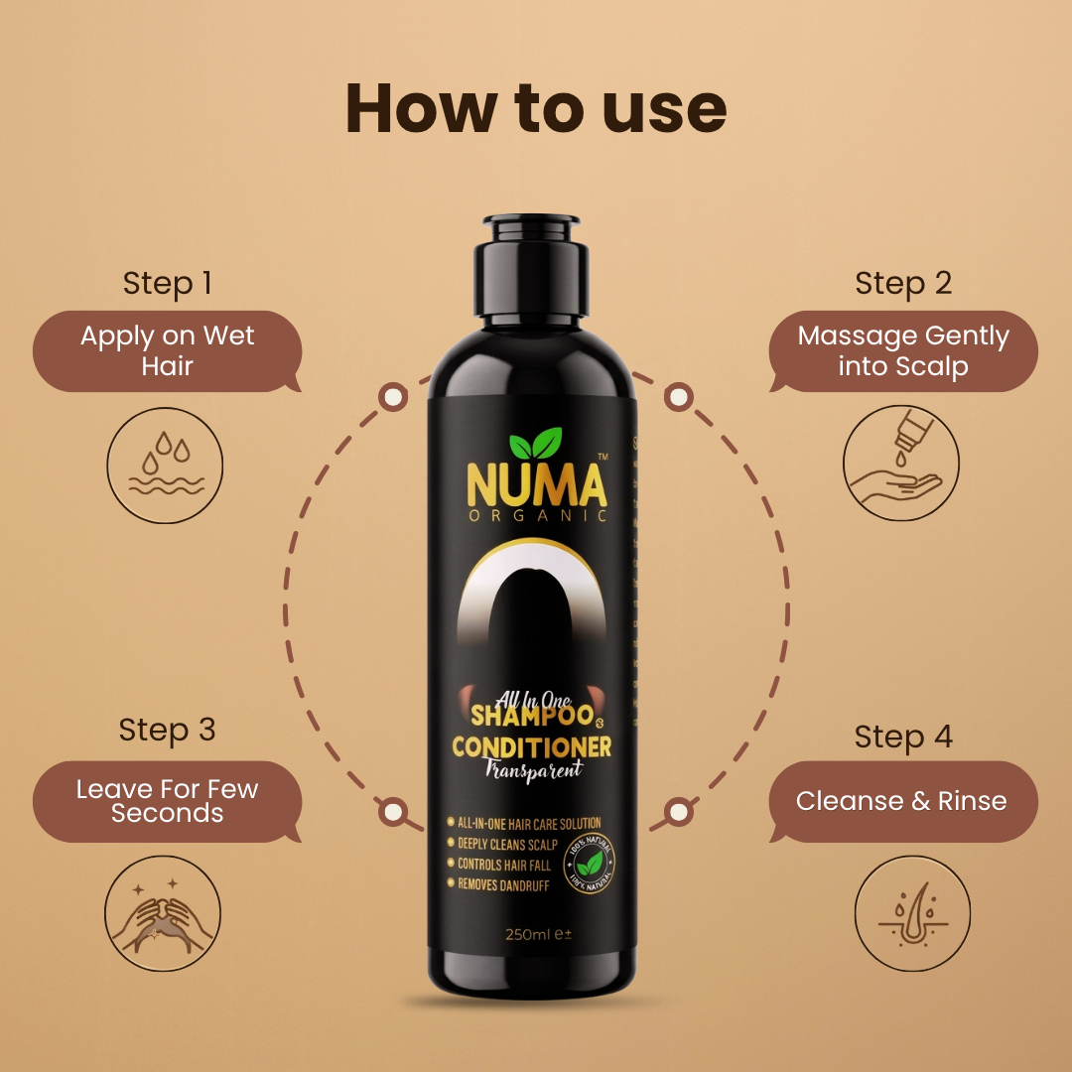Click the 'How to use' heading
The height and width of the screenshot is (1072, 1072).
click(536, 109)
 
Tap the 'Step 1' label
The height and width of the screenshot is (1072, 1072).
click(167, 283)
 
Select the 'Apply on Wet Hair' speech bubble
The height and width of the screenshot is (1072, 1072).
click(167, 350)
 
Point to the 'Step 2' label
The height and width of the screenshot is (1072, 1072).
click(903, 283)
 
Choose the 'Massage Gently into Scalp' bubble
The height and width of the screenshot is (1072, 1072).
click(903, 350)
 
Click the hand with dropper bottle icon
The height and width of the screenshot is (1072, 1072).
click(901, 464)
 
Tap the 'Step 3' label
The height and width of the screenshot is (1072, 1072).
click(167, 730)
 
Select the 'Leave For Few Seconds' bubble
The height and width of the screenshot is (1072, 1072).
click(167, 801)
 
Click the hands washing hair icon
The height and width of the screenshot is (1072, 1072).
click(164, 913)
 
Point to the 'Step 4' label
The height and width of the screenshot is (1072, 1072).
click(903, 737)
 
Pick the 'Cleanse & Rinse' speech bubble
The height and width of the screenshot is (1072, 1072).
click(901, 801)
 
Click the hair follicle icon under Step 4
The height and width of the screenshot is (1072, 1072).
click(912, 913)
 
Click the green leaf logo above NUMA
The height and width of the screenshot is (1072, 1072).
click(535, 444)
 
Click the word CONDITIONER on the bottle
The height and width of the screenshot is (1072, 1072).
click(531, 746)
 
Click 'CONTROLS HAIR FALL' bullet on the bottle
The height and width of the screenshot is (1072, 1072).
click(503, 865)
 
